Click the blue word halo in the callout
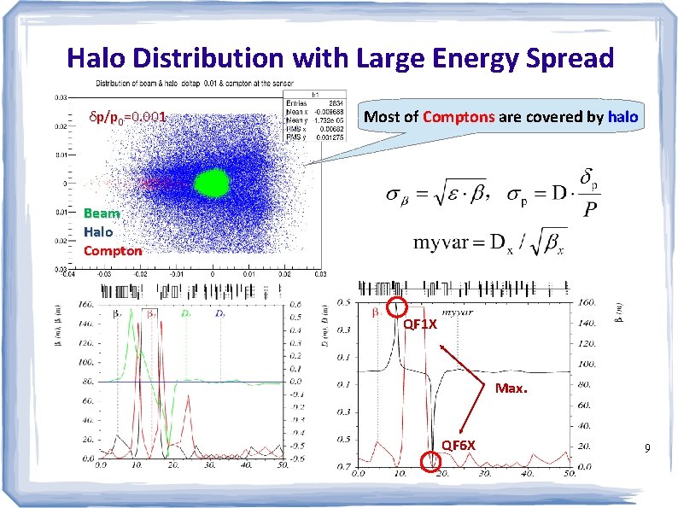(x=622, y=115)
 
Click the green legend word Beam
(x=102, y=213)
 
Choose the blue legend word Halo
(x=99, y=231)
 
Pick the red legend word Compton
(x=113, y=250)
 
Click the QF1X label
(x=420, y=324)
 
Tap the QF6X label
(x=459, y=445)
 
